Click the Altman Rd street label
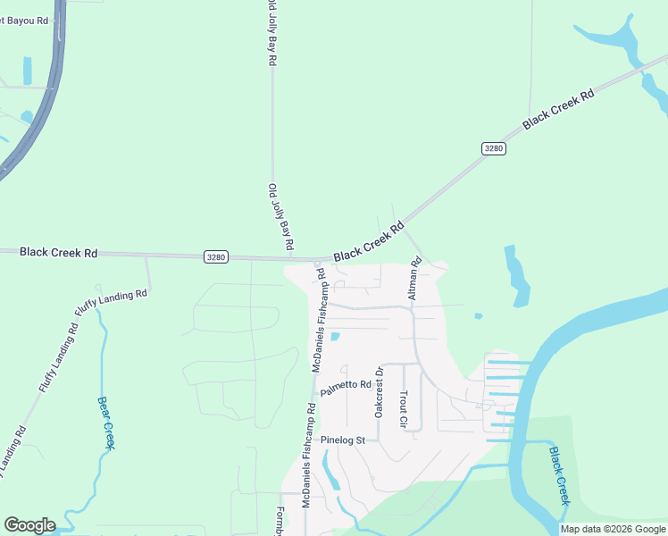(x=413, y=280)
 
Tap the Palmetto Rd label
(x=346, y=388)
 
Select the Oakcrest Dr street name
(x=379, y=393)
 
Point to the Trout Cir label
(x=403, y=408)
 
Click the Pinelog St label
(x=344, y=440)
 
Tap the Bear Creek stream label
(x=106, y=423)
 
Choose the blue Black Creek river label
(x=559, y=476)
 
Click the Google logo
(x=29, y=525)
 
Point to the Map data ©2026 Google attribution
(x=613, y=529)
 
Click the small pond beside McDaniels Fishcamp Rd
(x=335, y=337)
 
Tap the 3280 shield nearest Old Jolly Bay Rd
(x=216, y=257)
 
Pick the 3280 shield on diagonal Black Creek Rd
(x=493, y=147)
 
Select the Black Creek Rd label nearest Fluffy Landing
(x=58, y=253)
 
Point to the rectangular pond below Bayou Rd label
(x=27, y=71)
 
